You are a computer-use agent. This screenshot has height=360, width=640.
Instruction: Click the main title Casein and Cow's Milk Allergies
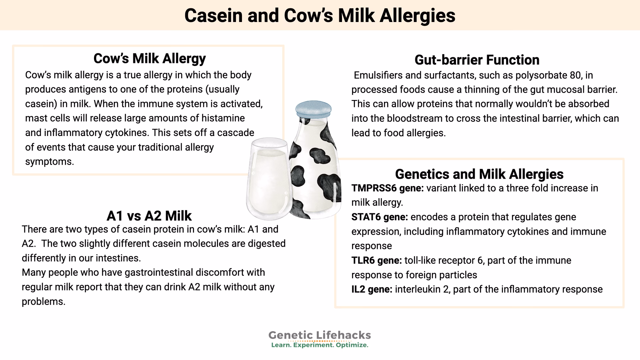coord(320,15)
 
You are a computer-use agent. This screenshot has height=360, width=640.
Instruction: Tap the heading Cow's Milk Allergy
coord(149,58)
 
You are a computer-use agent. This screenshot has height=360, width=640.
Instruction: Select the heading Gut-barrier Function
coord(477,60)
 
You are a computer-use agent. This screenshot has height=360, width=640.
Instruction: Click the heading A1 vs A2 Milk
coord(149,216)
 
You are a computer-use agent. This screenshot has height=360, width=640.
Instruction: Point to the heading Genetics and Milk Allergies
coord(479,174)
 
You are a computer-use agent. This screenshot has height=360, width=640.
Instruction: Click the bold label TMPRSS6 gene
coord(387,188)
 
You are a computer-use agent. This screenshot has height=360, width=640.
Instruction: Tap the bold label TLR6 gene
coord(377,260)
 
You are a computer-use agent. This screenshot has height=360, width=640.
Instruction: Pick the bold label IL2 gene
coord(372,289)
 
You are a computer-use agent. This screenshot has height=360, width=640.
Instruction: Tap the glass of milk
coord(268,180)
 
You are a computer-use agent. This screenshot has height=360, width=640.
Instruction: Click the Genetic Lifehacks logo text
coord(319,335)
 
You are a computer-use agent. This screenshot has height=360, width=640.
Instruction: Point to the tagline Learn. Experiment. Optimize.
coord(320,345)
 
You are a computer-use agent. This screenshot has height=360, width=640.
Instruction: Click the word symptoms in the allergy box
coord(49,162)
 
